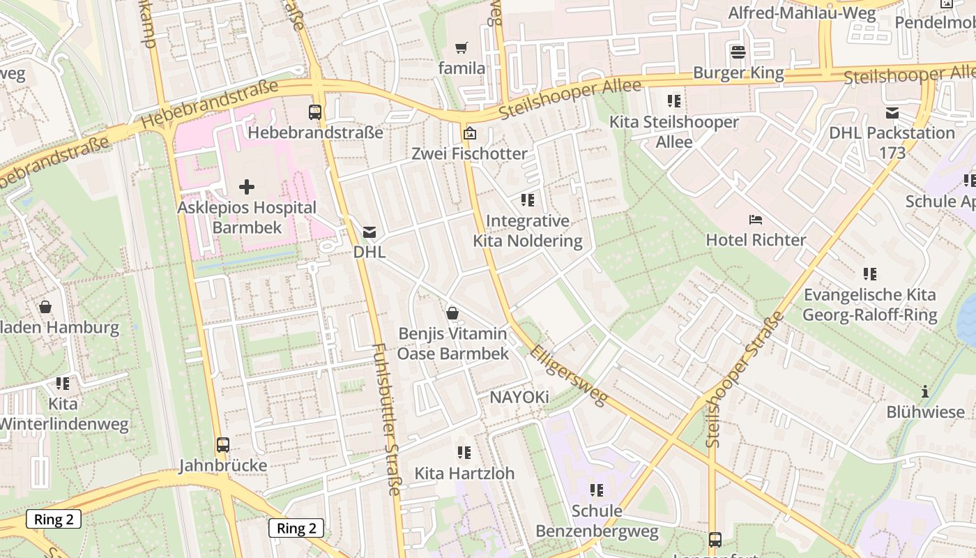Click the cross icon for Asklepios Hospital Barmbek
click(246, 187)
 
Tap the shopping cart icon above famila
click(461, 47)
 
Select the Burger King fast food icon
click(738, 52)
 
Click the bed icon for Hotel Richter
click(756, 220)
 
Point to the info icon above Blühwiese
click(925, 391)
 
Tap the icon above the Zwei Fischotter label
click(470, 133)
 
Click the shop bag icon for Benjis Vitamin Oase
click(452, 312)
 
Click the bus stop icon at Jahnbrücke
click(223, 444)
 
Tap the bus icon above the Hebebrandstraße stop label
click(315, 112)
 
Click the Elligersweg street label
click(568, 373)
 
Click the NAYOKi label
click(519, 398)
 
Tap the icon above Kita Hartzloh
click(464, 453)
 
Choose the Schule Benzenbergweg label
click(596, 521)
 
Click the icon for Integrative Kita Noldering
click(527, 200)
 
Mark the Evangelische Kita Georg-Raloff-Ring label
click(869, 304)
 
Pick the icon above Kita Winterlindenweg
click(63, 383)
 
